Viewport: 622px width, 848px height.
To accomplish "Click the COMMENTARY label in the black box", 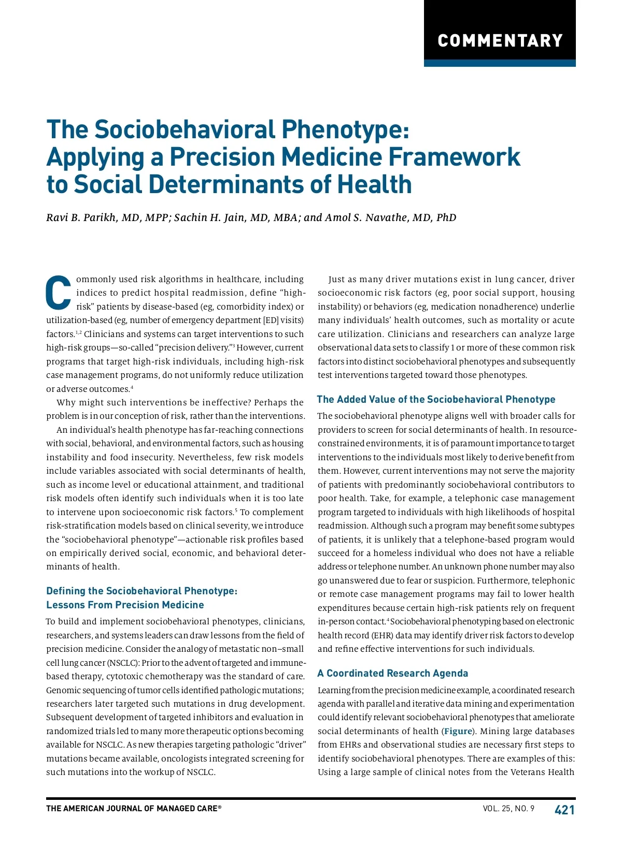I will click(500, 41).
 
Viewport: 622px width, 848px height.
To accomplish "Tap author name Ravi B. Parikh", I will click(82, 217).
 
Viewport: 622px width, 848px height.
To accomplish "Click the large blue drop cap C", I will click(59, 293).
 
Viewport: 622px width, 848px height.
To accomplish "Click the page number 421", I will click(564, 810).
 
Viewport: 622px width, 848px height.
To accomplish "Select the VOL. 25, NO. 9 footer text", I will click(508, 809).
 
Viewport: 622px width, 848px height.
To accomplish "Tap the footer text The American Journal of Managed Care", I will click(134, 809).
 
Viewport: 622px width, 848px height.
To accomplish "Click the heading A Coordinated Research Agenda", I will click(392, 673).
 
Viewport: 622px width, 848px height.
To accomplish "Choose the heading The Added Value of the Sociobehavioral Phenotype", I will click(436, 399).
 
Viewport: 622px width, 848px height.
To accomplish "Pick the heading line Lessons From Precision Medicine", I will click(125, 605).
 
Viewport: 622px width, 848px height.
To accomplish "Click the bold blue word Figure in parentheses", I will click(458, 731).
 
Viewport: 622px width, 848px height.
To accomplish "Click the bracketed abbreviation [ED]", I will click(271, 320).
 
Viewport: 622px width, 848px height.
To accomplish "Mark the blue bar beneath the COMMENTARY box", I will click(500, 63).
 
